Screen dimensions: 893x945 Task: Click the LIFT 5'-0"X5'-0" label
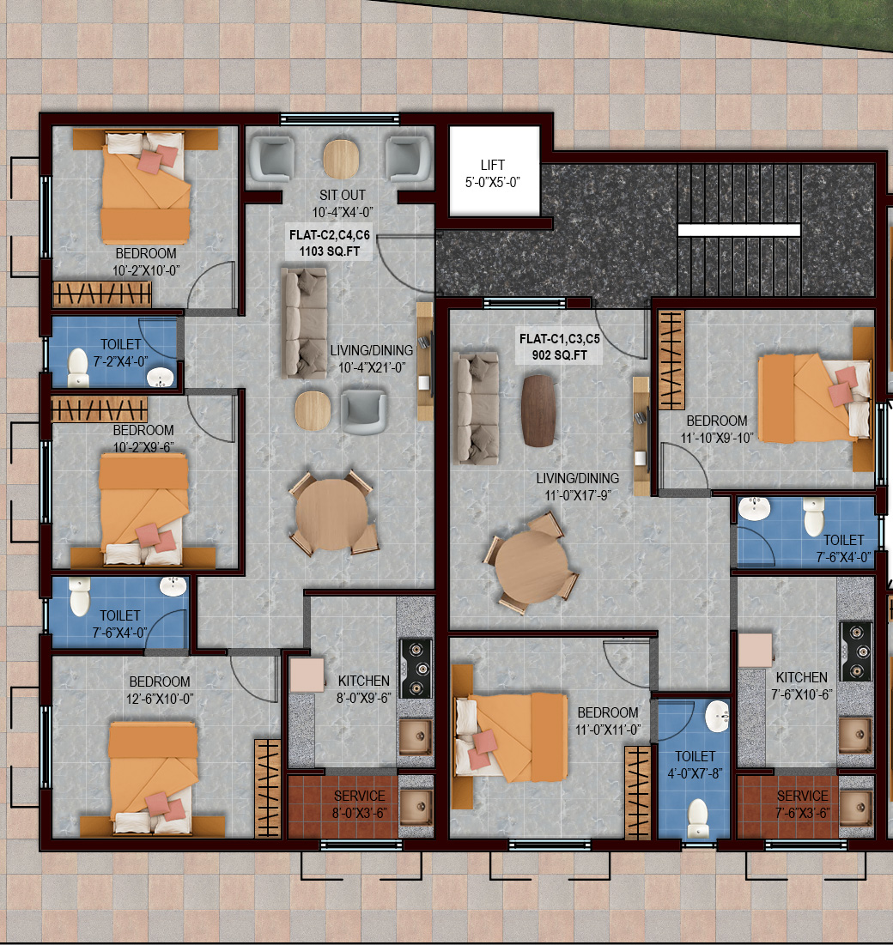click(x=493, y=173)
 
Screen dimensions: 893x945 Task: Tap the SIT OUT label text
click(x=343, y=196)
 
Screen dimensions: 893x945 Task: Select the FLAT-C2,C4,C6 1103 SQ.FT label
click(x=329, y=243)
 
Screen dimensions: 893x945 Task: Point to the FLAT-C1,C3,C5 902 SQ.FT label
click(x=560, y=347)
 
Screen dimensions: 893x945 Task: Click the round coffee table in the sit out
click(x=341, y=159)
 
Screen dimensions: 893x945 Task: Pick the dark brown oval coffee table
click(x=538, y=410)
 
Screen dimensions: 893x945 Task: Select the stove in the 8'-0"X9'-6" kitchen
click(x=416, y=669)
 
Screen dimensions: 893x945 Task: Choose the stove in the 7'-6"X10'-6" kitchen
click(x=856, y=651)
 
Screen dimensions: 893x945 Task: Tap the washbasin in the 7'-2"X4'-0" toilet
click(x=161, y=378)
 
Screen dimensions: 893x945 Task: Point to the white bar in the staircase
click(x=738, y=230)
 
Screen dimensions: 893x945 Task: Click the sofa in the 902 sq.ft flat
click(x=476, y=408)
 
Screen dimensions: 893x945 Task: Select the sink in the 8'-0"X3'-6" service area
click(x=416, y=806)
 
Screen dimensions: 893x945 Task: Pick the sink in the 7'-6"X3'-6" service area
click(x=856, y=806)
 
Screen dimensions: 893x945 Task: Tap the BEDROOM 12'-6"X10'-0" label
click(x=160, y=690)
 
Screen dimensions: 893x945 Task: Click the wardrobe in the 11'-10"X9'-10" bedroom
click(x=671, y=360)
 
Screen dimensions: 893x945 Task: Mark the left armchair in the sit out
click(x=272, y=159)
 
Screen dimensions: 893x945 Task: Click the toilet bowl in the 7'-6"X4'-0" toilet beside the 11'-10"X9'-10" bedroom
click(x=813, y=516)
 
